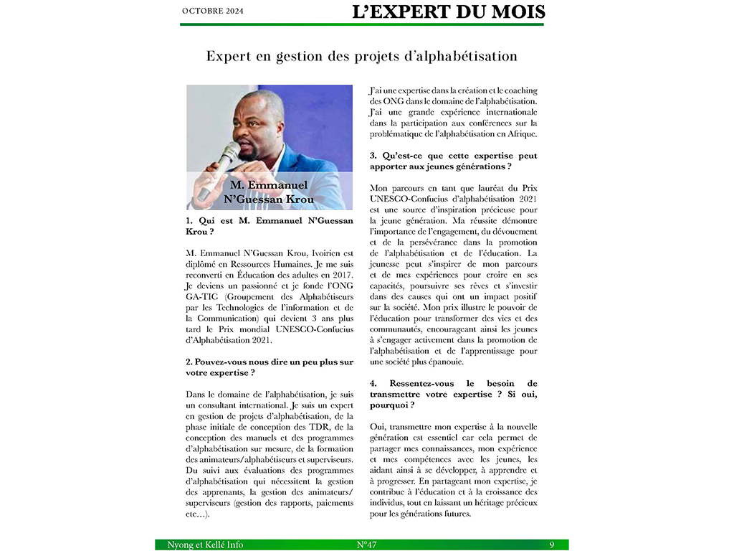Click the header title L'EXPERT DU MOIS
point(449,11)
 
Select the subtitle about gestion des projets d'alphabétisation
point(361,56)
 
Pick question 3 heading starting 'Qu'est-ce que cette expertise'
point(453,161)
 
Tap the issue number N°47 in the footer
point(366,545)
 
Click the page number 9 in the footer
point(552,545)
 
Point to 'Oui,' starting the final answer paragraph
point(380,426)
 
